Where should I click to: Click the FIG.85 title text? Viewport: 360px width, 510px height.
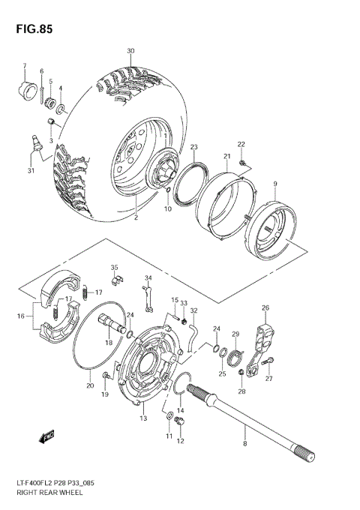pos(29,29)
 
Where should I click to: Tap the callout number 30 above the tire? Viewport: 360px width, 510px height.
pos(130,51)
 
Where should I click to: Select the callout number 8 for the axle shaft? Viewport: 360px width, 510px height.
pos(244,444)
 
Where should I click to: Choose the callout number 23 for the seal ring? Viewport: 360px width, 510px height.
pos(172,146)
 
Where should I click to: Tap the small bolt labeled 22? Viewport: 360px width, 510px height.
pos(241,161)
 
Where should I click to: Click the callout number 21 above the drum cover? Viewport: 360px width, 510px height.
pos(226,156)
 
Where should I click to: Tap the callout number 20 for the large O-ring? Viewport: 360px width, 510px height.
pos(89,385)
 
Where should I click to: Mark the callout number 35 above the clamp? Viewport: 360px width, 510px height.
pos(114,267)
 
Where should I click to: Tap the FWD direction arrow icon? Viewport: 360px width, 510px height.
pos(47,436)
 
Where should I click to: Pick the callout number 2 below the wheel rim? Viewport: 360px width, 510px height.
pos(136,218)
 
